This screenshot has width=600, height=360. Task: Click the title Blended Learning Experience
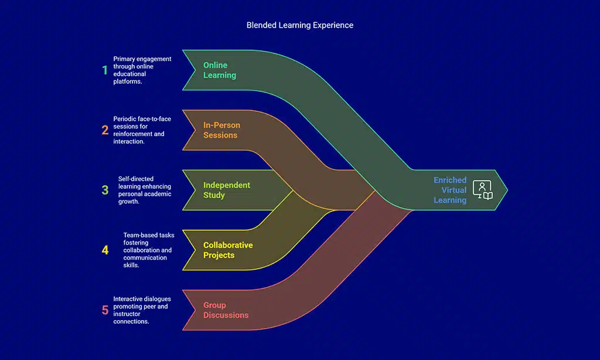[299, 25]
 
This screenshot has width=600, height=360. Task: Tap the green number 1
[105, 70]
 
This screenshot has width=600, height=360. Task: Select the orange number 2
[105, 130]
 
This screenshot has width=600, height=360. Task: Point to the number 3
[105, 190]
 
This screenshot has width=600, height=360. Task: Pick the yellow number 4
[105, 250]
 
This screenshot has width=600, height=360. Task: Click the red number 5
[105, 310]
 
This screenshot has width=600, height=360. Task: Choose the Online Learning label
[219, 70]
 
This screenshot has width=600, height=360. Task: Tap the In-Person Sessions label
[221, 130]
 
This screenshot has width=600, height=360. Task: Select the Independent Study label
[226, 190]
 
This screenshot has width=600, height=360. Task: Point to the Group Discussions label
[226, 310]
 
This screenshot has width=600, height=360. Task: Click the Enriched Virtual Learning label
[450, 190]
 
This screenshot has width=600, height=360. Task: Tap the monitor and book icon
[483, 190]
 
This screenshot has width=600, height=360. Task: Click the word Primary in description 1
[124, 59]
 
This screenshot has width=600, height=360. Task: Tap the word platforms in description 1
[128, 82]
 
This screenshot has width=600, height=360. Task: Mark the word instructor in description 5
[127, 314]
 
